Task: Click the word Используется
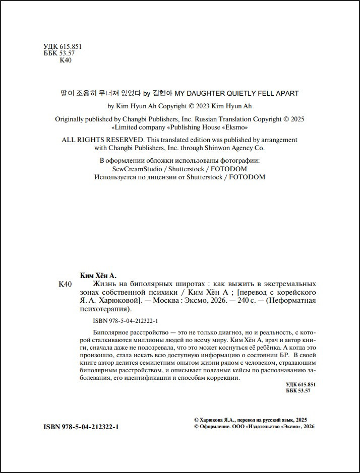tap(116, 177)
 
